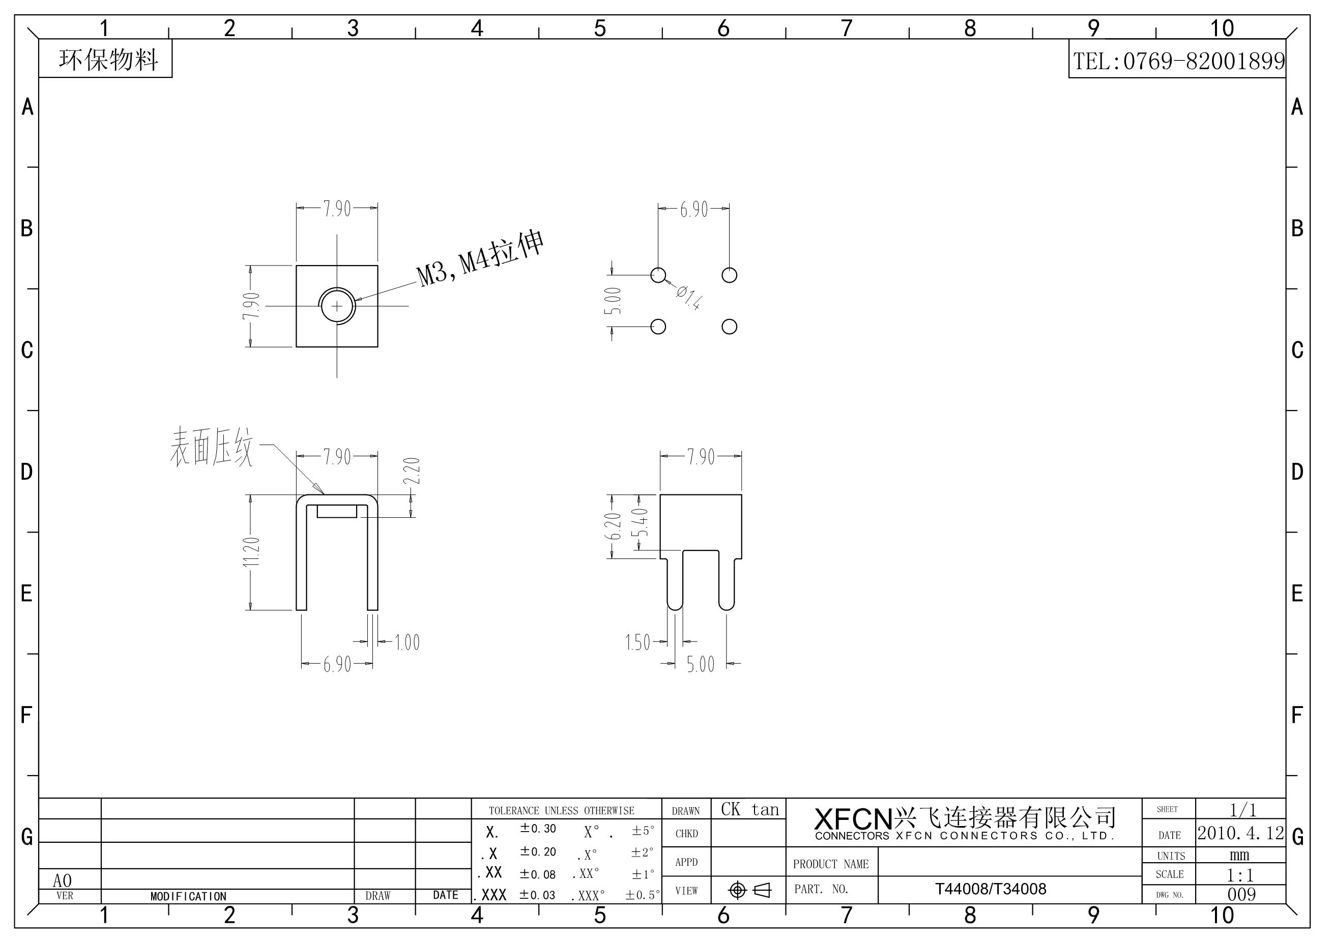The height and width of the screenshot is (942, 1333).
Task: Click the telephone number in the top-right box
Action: [x=1178, y=61]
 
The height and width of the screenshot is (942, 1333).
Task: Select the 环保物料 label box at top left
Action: [x=106, y=58]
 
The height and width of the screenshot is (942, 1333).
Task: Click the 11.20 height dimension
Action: [x=252, y=552]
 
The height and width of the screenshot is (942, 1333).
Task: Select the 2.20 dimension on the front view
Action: [x=411, y=472]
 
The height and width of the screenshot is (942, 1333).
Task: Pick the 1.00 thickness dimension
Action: [x=407, y=642]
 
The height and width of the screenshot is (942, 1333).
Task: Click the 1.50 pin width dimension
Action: [x=637, y=642]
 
